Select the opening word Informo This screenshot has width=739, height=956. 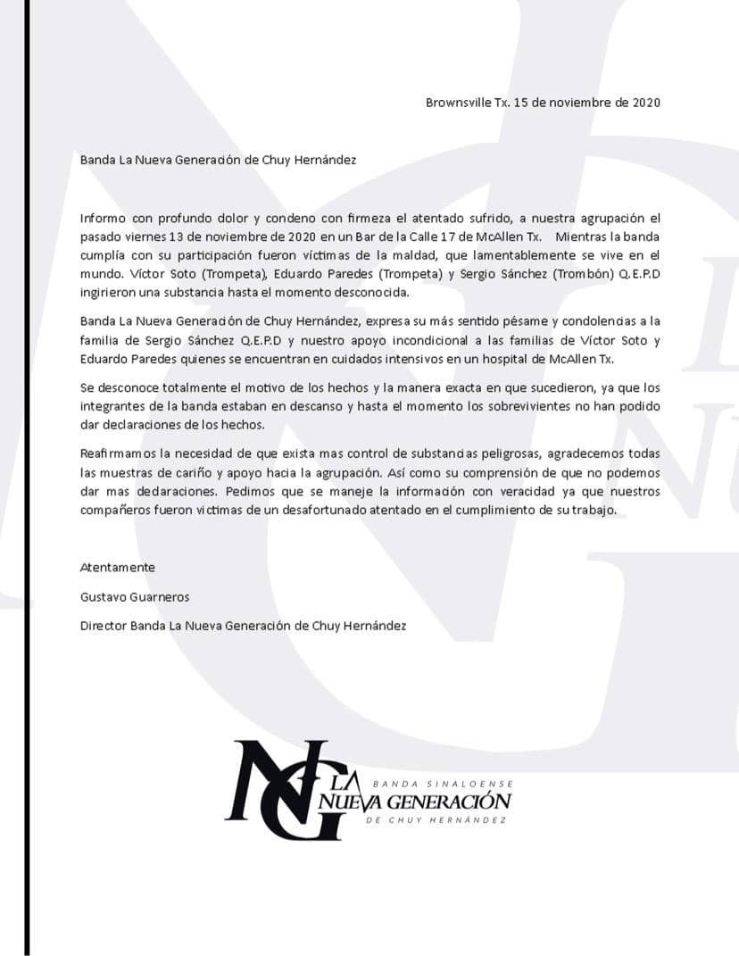(104, 219)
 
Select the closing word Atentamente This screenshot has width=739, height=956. (118, 568)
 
